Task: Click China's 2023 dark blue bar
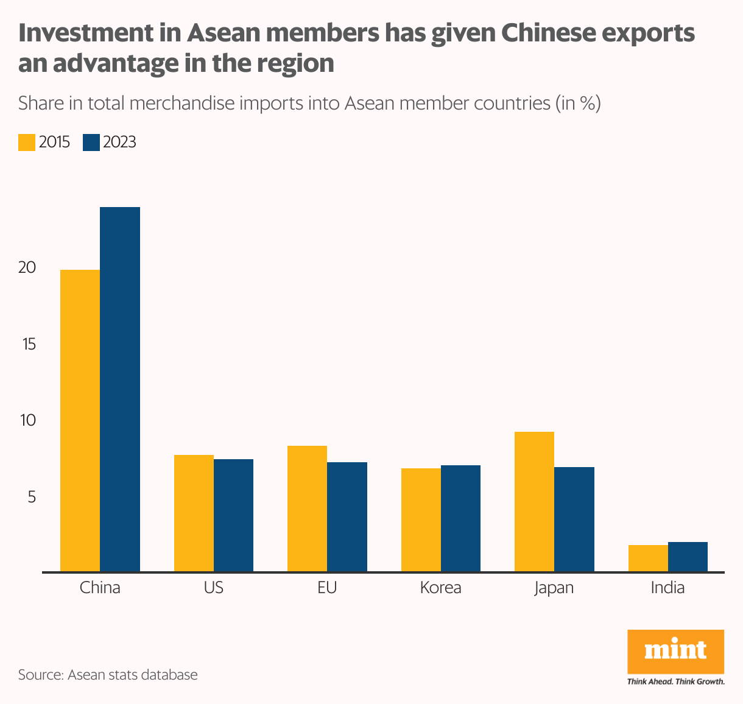[120, 389]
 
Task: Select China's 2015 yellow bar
[80, 420]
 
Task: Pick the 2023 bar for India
[688, 557]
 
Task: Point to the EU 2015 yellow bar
[307, 509]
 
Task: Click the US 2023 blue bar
[233, 515]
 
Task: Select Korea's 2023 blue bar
[460, 518]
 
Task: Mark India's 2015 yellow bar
[648, 558]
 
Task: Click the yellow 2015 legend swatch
[27, 142]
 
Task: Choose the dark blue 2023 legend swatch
[91, 142]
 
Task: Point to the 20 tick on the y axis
[27, 267]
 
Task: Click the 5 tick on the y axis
[31, 497]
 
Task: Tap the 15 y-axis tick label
[29, 344]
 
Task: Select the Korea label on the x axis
[440, 588]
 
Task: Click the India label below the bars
[667, 588]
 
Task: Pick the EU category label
[327, 588]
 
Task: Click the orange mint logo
[675, 651]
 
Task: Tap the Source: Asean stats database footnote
[108, 675]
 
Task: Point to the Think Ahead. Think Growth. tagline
[675, 681]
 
